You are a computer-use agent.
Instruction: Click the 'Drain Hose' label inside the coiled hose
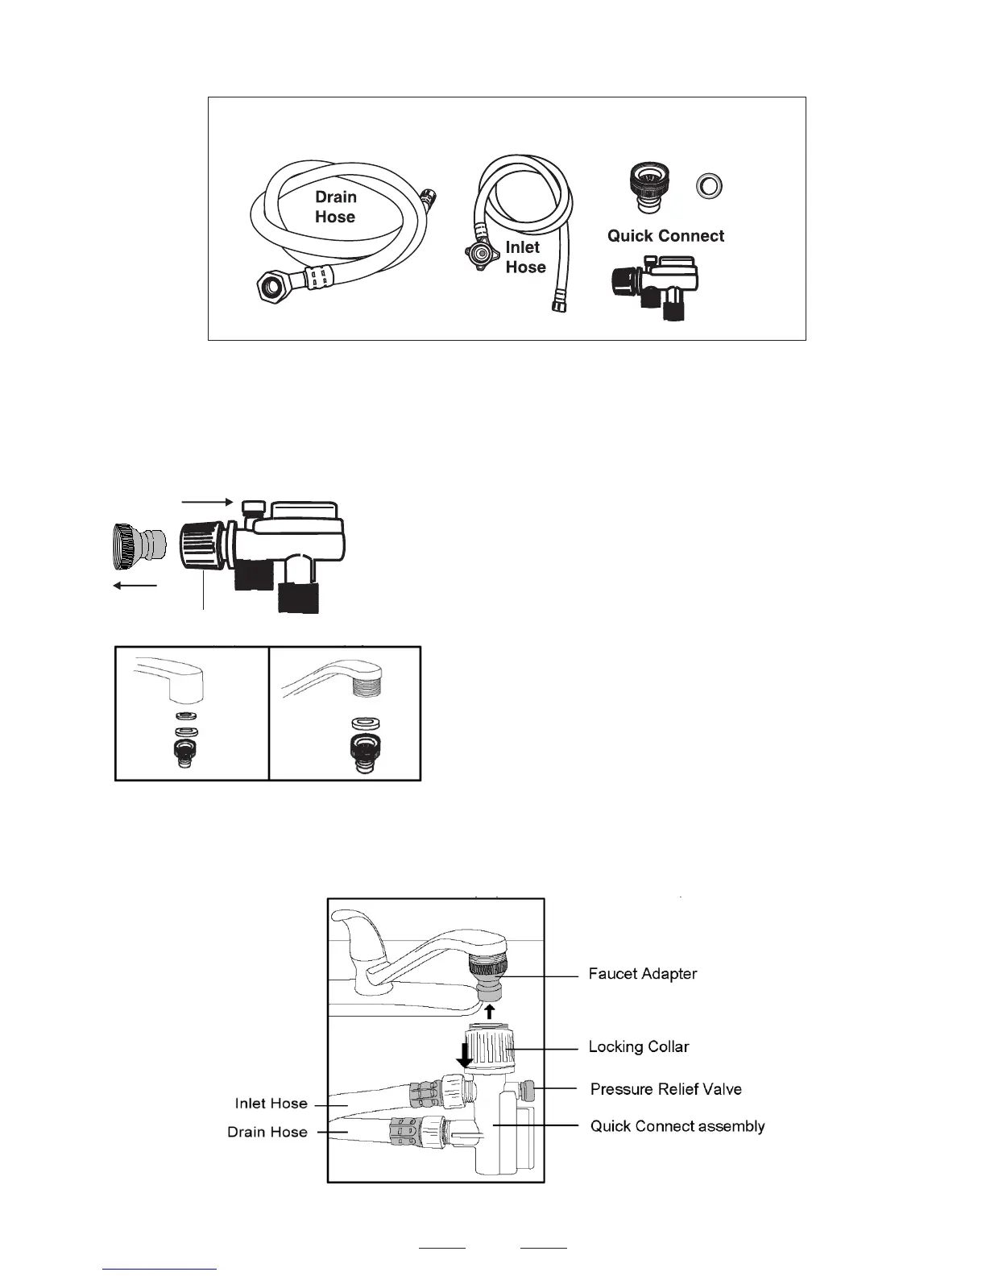[x=335, y=207]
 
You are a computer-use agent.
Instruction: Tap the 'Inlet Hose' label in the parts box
[x=525, y=257]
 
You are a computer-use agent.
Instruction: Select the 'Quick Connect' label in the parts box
[x=665, y=236]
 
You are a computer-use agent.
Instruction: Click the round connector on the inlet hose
[x=481, y=254]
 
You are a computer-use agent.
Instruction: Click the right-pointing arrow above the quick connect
[x=207, y=502]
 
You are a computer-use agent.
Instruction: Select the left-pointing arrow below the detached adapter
[x=135, y=585]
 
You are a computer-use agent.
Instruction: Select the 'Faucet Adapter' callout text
[x=642, y=974]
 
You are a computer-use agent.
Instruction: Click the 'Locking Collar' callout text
[x=639, y=1047]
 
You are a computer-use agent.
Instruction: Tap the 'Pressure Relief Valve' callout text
[x=665, y=1089]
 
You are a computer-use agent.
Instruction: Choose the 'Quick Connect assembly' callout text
[x=677, y=1126]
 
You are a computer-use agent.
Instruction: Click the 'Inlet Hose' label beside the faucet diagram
[x=271, y=1104]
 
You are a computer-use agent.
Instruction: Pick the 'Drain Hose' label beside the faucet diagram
[x=267, y=1132]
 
